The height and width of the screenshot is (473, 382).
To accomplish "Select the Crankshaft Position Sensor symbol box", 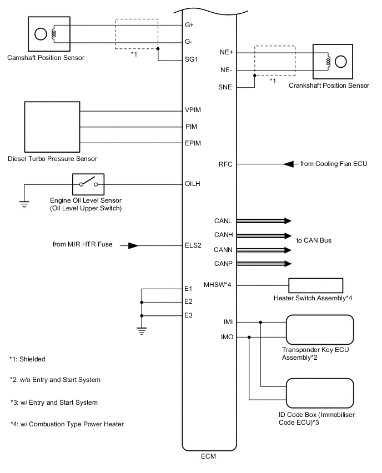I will [x=333, y=62].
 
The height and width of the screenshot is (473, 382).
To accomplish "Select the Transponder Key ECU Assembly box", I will [x=319, y=329].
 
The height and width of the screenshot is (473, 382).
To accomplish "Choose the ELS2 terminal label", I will [x=192, y=245].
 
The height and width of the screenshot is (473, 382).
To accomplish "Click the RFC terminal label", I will [x=227, y=164].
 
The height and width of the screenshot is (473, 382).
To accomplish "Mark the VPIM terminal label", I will [x=193, y=109].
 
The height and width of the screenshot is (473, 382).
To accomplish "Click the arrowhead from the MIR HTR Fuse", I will [x=133, y=245].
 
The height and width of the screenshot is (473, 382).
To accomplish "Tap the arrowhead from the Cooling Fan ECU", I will [x=288, y=164].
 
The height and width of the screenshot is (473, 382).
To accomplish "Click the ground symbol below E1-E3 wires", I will [x=142, y=331].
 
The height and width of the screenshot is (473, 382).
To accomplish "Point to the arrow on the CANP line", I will [x=286, y=263].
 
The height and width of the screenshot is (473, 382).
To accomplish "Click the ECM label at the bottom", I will [x=209, y=457].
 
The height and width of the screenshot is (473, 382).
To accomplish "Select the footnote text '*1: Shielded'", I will [x=28, y=359].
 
